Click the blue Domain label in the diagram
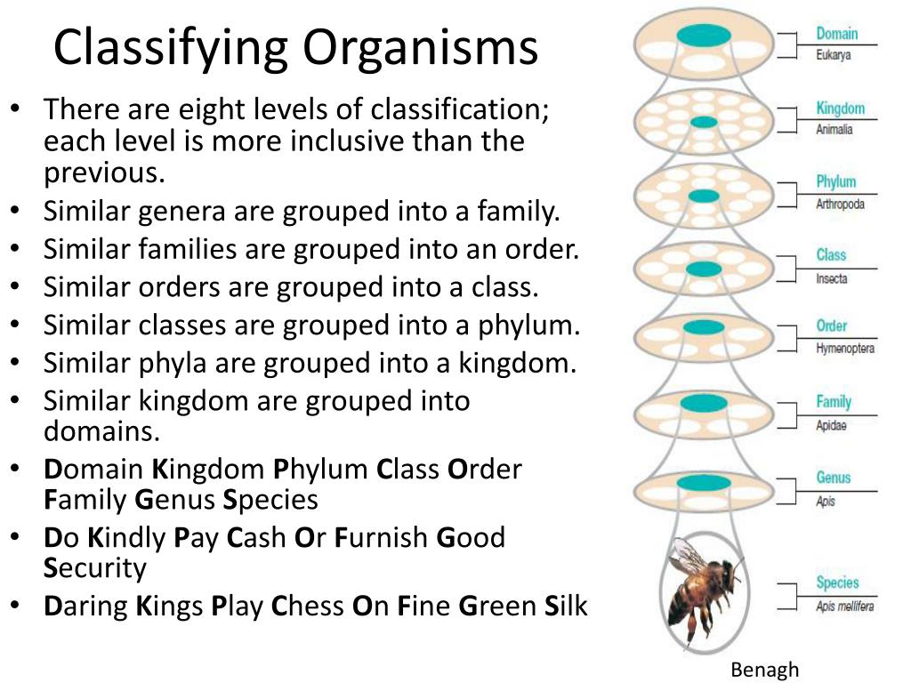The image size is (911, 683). point(836,34)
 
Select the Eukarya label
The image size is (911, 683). point(834,54)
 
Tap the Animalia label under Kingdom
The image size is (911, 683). point(834,129)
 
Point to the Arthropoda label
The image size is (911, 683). point(840,204)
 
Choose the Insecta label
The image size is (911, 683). point(832,278)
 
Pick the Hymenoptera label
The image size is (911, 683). point(845,348)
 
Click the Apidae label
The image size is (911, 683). point(831,426)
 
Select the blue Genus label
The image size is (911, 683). point(834,478)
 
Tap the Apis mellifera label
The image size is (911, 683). point(844,607)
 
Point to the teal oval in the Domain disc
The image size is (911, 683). point(703,35)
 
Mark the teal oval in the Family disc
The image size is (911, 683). point(703,404)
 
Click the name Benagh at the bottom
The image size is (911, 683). point(765,670)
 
